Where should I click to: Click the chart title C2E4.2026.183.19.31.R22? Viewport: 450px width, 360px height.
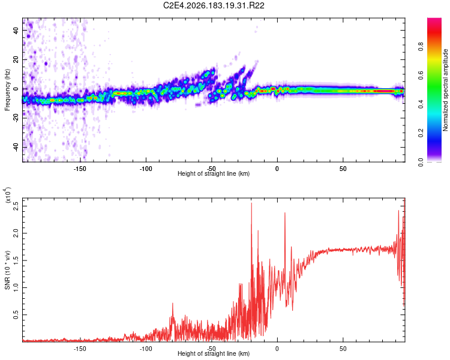click(x=214, y=5)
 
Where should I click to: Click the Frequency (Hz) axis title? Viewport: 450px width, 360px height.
click(x=7, y=90)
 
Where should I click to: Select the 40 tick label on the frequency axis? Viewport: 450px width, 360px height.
click(x=16, y=30)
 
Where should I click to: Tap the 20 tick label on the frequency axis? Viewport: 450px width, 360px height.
click(x=16, y=59)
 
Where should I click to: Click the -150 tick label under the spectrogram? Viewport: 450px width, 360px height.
click(x=80, y=169)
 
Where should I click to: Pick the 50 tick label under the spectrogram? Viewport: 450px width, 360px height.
click(x=343, y=169)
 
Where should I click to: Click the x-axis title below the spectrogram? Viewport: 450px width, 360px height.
click(x=214, y=173)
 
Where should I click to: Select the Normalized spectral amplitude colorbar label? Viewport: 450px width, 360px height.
click(x=445, y=90)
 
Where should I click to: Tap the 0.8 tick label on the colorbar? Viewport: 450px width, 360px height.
click(x=421, y=46)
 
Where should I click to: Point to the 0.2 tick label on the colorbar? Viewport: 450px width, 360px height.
click(x=421, y=133)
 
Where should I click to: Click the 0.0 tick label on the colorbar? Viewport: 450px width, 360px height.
click(x=421, y=162)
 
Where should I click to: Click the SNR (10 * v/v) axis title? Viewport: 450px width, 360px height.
click(x=7, y=270)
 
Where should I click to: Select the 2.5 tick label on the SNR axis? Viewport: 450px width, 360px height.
click(x=16, y=206)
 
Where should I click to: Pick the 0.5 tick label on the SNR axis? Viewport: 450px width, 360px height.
click(x=16, y=314)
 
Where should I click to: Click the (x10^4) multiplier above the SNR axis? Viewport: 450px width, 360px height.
click(x=7, y=195)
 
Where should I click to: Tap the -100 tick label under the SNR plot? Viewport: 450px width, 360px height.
click(x=146, y=349)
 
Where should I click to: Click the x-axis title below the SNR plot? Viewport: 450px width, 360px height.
click(x=214, y=353)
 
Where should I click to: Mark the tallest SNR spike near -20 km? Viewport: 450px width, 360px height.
click(x=251, y=203)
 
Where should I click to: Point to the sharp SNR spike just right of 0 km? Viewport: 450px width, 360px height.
click(x=285, y=213)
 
